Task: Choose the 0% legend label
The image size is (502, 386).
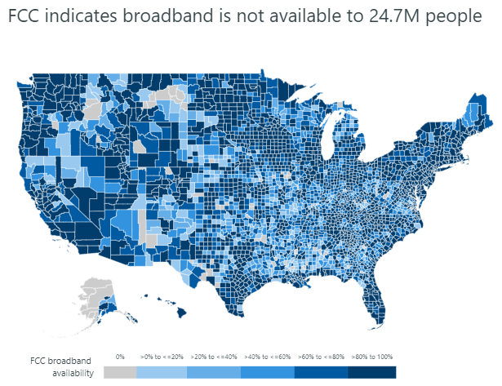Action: point(120,357)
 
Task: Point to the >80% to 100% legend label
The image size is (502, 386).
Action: point(372,357)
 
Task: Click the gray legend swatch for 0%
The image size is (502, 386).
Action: point(121,372)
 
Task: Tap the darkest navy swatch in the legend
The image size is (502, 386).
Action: point(372,372)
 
